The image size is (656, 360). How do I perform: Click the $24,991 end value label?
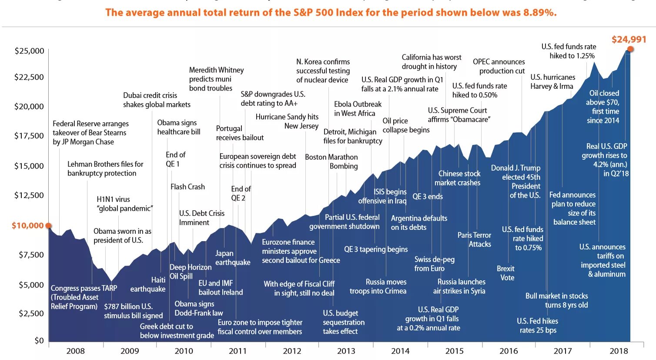click(629, 40)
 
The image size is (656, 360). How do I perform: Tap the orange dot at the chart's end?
click(630, 49)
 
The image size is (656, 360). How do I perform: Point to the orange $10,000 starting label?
click(27, 225)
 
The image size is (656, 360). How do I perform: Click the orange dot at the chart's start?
click(49, 225)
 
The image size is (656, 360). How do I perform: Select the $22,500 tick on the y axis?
click(29, 77)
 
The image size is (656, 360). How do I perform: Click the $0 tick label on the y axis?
click(39, 340)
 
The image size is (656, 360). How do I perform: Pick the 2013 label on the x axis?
click(346, 351)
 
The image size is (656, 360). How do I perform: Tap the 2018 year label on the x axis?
click(619, 351)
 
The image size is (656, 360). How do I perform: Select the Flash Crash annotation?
click(187, 187)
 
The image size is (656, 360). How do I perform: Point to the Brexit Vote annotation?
click(506, 273)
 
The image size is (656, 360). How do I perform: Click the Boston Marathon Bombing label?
click(331, 161)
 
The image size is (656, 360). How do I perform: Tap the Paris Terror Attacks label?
click(474, 239)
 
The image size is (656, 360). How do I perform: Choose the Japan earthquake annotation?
click(233, 258)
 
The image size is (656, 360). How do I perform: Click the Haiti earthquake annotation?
click(148, 284)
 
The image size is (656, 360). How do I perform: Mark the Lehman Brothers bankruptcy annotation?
click(105, 168)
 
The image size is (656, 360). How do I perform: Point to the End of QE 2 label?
click(241, 193)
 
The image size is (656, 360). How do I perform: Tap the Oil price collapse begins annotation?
click(406, 125)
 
